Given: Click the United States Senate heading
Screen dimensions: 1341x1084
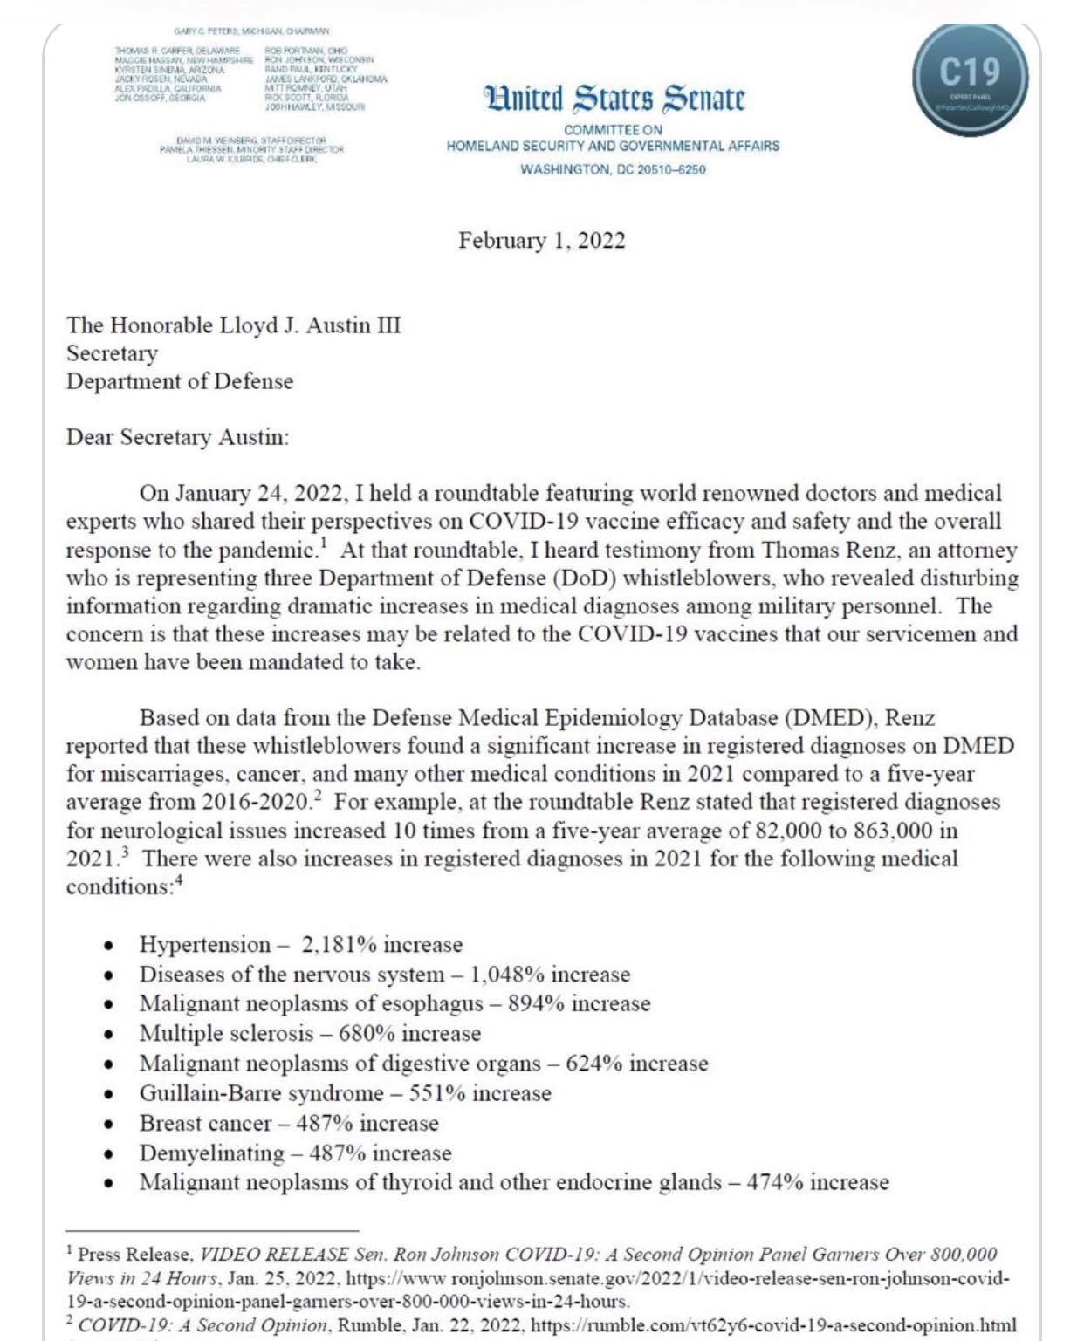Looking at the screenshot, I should click(615, 99).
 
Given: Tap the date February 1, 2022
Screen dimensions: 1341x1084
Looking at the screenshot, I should click(541, 241).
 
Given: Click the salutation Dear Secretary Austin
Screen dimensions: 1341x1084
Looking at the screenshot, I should click(177, 437).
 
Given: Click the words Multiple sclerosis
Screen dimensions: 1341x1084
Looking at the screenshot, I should click(226, 1034).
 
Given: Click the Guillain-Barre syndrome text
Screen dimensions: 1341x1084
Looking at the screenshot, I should click(261, 1093).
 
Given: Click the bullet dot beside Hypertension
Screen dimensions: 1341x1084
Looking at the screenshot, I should click(108, 946).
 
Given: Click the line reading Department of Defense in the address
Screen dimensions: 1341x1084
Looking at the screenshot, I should click(180, 381).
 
